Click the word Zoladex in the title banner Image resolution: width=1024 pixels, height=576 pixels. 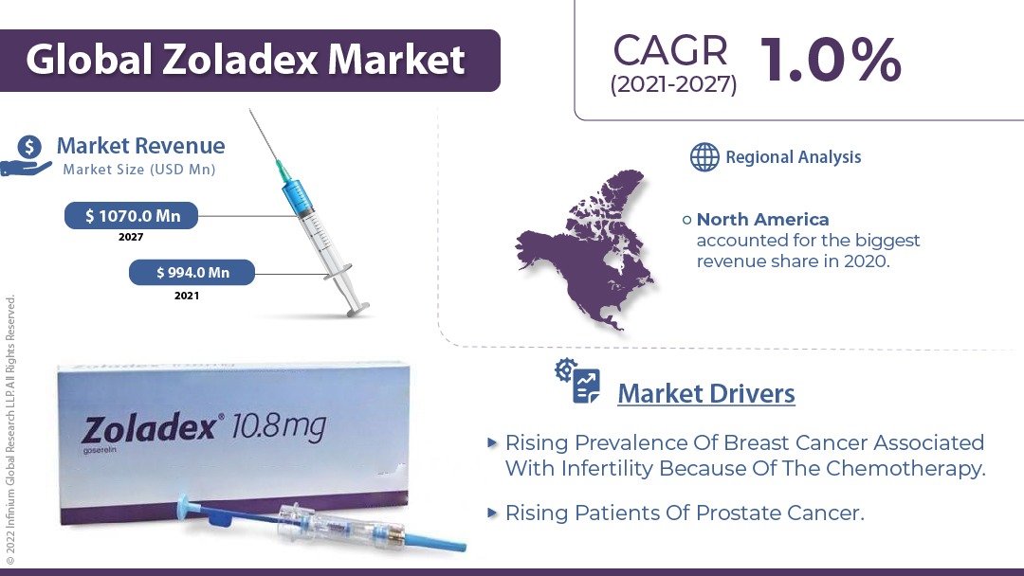[241, 60]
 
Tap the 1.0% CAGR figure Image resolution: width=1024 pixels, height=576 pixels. [831, 60]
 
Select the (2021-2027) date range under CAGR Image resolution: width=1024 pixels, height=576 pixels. [673, 85]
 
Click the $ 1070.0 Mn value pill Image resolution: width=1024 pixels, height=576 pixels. [131, 216]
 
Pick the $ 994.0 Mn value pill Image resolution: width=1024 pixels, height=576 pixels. [192, 273]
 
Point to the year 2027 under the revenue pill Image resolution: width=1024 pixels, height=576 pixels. [131, 237]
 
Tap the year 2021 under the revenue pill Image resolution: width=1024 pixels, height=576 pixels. [187, 296]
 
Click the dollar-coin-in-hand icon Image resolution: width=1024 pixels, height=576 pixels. [27, 156]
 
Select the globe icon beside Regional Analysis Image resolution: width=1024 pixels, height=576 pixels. [704, 157]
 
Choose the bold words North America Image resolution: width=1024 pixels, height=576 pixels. [762, 219]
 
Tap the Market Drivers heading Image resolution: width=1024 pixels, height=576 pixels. [706, 393]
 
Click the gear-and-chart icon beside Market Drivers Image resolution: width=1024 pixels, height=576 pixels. [578, 381]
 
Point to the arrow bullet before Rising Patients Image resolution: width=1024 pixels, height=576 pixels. [492, 513]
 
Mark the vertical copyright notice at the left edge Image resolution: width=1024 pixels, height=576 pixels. [9, 430]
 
